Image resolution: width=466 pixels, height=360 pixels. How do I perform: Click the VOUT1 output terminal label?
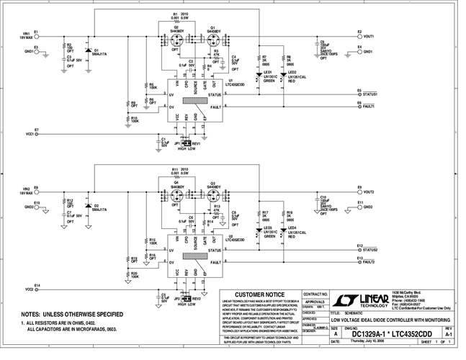pos(369,35)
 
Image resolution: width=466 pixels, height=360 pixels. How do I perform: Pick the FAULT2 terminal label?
pos(369,262)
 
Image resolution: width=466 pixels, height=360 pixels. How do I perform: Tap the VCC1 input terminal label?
pos(30,133)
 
